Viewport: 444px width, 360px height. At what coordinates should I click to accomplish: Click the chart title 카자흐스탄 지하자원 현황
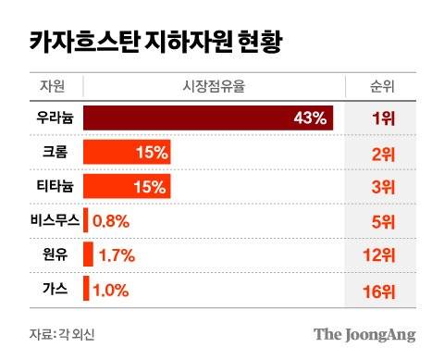tap(145, 41)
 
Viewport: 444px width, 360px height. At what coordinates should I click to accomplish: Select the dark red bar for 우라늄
tap(208, 118)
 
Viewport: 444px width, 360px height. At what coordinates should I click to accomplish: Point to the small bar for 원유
tap(89, 254)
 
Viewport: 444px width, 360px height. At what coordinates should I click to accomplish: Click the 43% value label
tap(310, 118)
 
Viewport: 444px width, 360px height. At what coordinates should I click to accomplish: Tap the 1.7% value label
tap(117, 254)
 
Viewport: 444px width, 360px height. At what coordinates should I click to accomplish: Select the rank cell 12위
tap(379, 255)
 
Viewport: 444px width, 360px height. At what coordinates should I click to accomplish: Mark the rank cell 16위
tap(379, 290)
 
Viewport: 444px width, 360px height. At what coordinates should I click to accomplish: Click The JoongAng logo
tap(364, 334)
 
